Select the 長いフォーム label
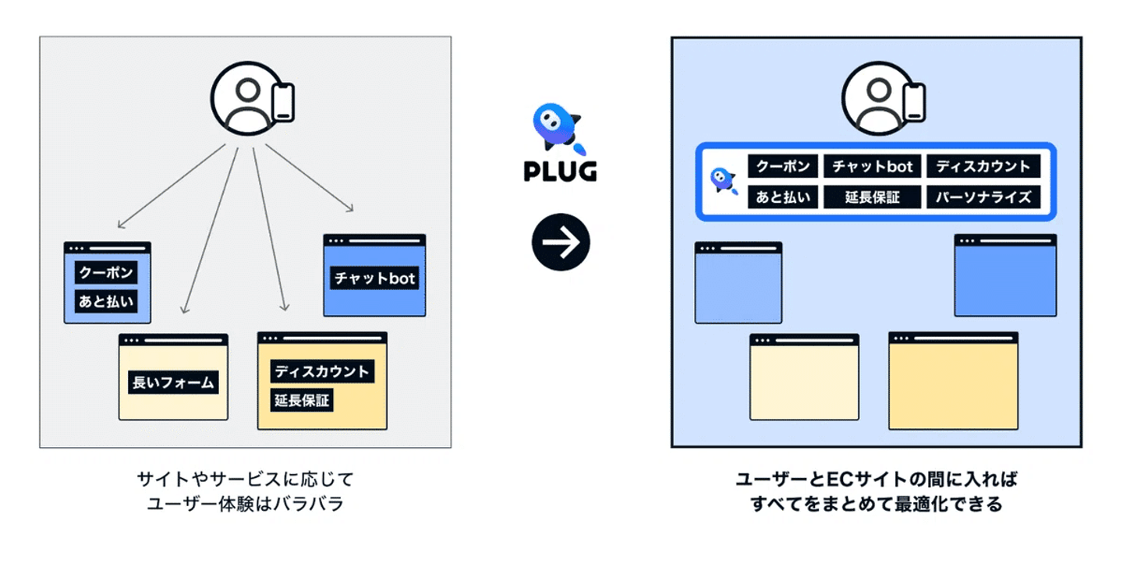172,382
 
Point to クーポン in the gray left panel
106,273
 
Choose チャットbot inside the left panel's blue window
374,278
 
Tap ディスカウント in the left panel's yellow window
321,371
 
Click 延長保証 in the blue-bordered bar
873,197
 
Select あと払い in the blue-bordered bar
783,197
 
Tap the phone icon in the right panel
914,101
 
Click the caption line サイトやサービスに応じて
245,479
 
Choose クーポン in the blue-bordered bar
783,166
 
